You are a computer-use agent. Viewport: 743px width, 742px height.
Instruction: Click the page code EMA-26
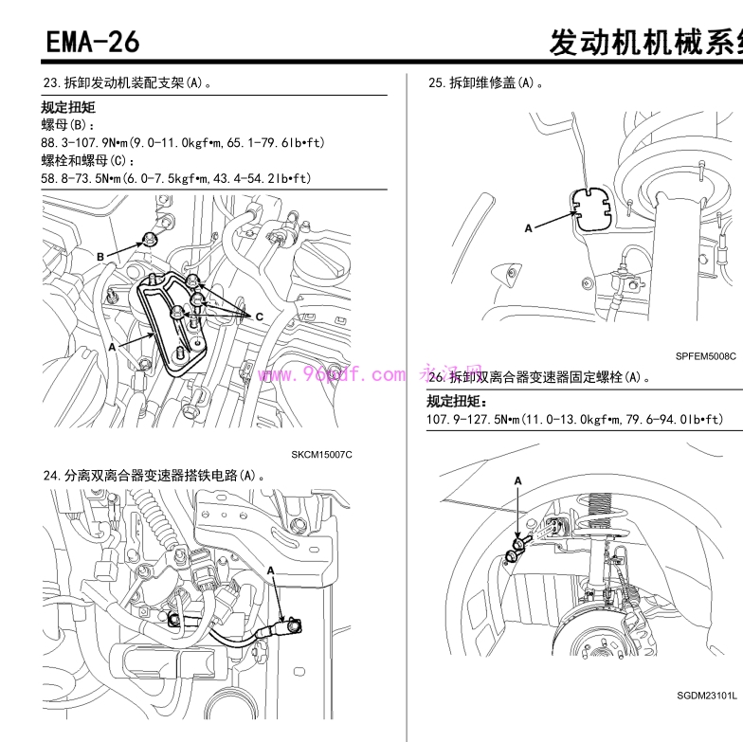[x=92, y=41]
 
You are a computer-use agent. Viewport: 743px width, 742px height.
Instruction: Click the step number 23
[x=51, y=83]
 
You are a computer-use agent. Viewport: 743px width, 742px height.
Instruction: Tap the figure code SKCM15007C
[x=321, y=455]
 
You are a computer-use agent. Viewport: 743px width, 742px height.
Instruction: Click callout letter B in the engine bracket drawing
[x=100, y=256]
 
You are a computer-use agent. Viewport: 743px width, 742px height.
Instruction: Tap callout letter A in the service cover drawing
[x=529, y=228]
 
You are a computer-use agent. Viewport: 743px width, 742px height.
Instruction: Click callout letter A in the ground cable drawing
[x=271, y=570]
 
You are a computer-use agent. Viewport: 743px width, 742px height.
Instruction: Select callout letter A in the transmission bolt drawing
[x=517, y=481]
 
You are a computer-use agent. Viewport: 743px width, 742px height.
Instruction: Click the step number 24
[x=51, y=474]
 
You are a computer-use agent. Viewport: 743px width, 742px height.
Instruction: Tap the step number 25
[x=437, y=83]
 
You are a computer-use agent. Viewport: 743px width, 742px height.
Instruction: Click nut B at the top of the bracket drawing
[x=150, y=239]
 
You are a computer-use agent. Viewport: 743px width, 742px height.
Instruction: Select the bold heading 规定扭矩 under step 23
[x=68, y=108]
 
